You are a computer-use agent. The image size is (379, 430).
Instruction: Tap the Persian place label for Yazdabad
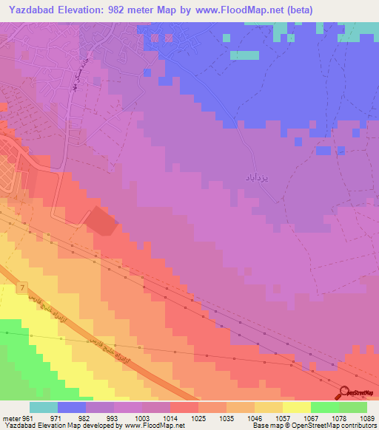tap(255, 178)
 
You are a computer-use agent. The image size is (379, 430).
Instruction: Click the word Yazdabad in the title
tap(31, 10)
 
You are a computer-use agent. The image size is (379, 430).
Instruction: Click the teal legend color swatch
tap(44, 407)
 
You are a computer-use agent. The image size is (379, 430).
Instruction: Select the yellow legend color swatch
tap(296, 407)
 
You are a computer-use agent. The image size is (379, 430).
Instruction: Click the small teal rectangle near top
tap(244, 55)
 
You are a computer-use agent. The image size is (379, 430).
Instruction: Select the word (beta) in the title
tap(291, 10)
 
